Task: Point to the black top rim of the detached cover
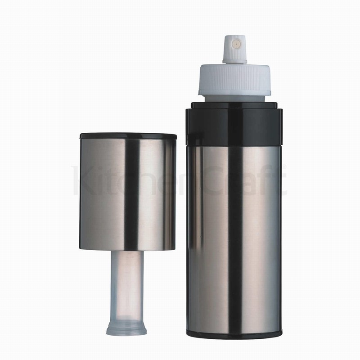pos(128,135)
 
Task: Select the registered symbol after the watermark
pos(284,169)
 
